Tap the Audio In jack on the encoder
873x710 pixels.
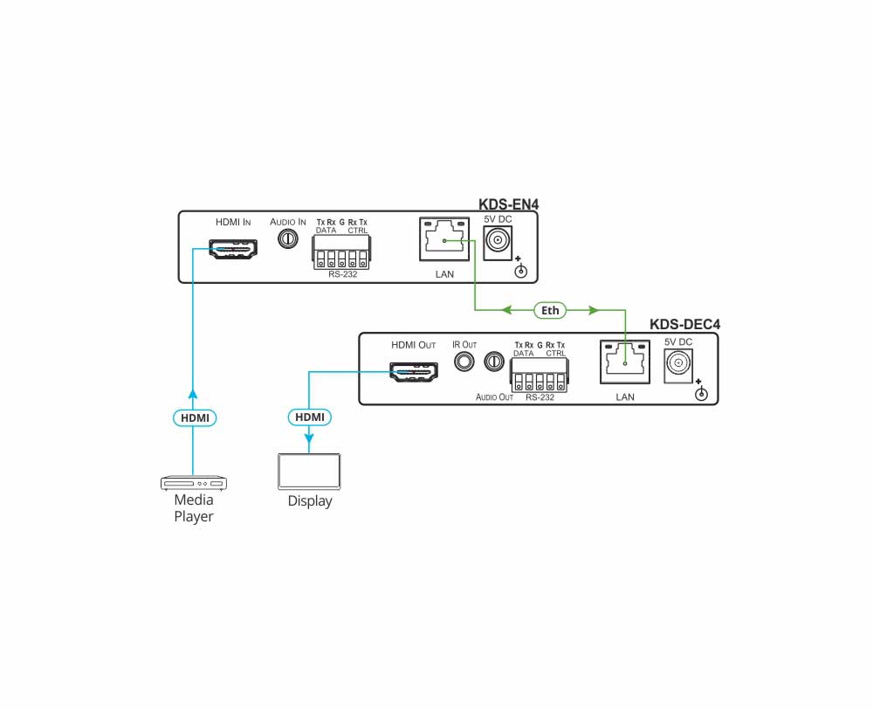coord(286,238)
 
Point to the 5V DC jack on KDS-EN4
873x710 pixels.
coord(498,240)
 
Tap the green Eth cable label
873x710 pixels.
coord(551,309)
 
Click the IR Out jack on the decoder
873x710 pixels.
coord(464,361)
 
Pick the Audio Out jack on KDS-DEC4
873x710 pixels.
coord(494,361)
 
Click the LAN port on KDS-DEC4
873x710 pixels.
coord(625,362)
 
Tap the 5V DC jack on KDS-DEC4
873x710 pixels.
coord(678,362)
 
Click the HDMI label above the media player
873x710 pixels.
coord(194,417)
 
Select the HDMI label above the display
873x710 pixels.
coord(310,417)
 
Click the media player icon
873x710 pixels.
coord(194,482)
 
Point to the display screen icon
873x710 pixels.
coord(310,472)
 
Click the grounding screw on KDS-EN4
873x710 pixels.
coord(521,272)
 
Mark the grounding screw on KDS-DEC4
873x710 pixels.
coord(700,395)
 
